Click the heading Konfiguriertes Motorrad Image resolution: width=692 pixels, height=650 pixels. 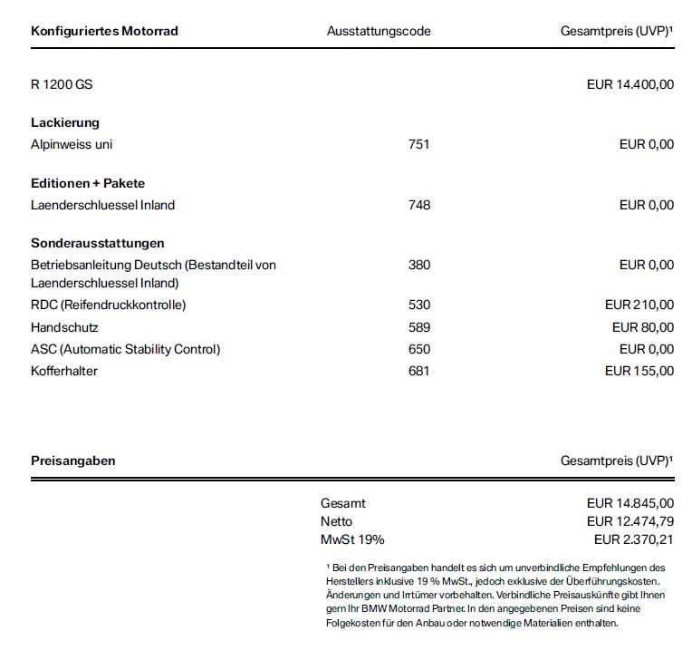tap(104, 31)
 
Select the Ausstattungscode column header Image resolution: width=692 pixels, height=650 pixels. tap(379, 31)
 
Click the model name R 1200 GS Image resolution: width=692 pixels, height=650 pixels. tap(62, 85)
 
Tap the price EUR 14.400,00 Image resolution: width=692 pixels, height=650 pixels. tap(630, 85)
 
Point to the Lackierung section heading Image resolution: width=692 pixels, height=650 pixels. tap(65, 122)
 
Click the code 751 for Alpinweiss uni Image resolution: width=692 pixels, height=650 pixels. tap(419, 144)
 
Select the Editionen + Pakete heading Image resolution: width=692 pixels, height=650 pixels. tap(88, 183)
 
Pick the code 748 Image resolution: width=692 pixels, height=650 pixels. tap(419, 205)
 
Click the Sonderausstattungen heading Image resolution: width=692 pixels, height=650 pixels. tap(98, 243)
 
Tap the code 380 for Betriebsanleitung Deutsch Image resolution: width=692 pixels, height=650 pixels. tap(419, 265)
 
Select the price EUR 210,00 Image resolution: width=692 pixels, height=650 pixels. tap(639, 305)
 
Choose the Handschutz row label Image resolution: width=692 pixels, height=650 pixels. tap(64, 327)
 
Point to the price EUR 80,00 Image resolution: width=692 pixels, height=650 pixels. tap(643, 327)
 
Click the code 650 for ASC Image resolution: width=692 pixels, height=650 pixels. tap(419, 349)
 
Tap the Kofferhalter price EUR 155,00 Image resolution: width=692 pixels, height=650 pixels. tap(639, 370)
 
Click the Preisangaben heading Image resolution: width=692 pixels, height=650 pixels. tap(73, 461)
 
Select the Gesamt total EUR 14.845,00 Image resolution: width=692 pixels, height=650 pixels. tap(630, 503)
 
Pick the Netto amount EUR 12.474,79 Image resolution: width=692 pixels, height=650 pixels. tap(630, 521)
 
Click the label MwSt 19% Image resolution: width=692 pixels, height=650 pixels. tap(352, 539)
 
